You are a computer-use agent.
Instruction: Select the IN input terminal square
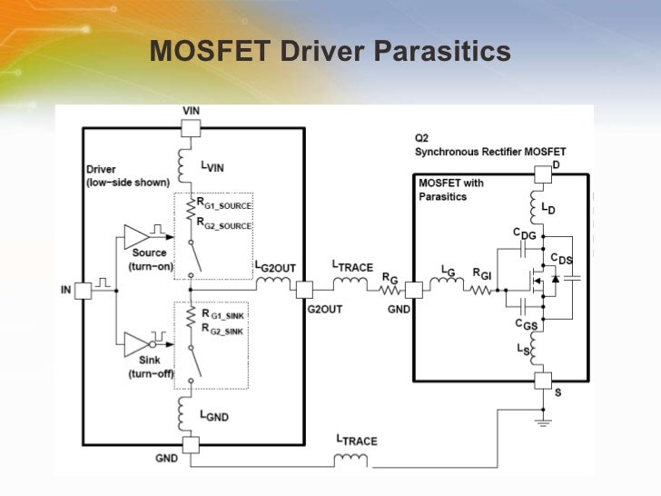82,290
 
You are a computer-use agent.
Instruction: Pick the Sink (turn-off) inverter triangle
136,343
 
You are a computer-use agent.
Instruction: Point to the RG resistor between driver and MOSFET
390,290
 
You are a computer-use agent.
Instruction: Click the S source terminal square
543,380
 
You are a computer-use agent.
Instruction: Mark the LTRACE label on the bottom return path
356,441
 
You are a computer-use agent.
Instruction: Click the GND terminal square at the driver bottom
191,445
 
